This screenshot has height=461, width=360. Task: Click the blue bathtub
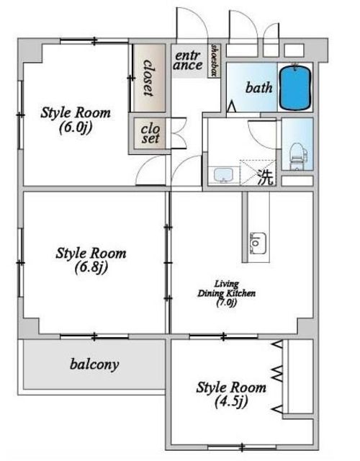[x=295, y=88]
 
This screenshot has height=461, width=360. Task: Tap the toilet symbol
[x=298, y=156]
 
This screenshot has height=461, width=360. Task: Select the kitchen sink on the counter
[x=258, y=243]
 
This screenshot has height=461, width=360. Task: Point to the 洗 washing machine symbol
[x=266, y=177]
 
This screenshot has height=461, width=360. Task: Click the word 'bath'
[x=258, y=88]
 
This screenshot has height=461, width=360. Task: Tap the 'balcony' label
[x=94, y=365]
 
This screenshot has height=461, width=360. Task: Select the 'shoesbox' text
[x=215, y=61]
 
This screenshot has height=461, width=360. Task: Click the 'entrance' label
[x=188, y=61]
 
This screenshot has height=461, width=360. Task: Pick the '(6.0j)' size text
[x=76, y=127]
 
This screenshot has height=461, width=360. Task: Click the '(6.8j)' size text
[x=91, y=267]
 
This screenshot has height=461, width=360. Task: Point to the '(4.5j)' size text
[x=231, y=401]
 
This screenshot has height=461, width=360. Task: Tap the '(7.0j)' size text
[x=226, y=303]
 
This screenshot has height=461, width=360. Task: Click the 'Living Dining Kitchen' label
[x=226, y=289]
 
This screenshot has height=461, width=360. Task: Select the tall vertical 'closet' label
[x=149, y=78]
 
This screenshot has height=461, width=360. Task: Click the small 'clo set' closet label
[x=150, y=134]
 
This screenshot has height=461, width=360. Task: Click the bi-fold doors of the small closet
[x=176, y=133]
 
